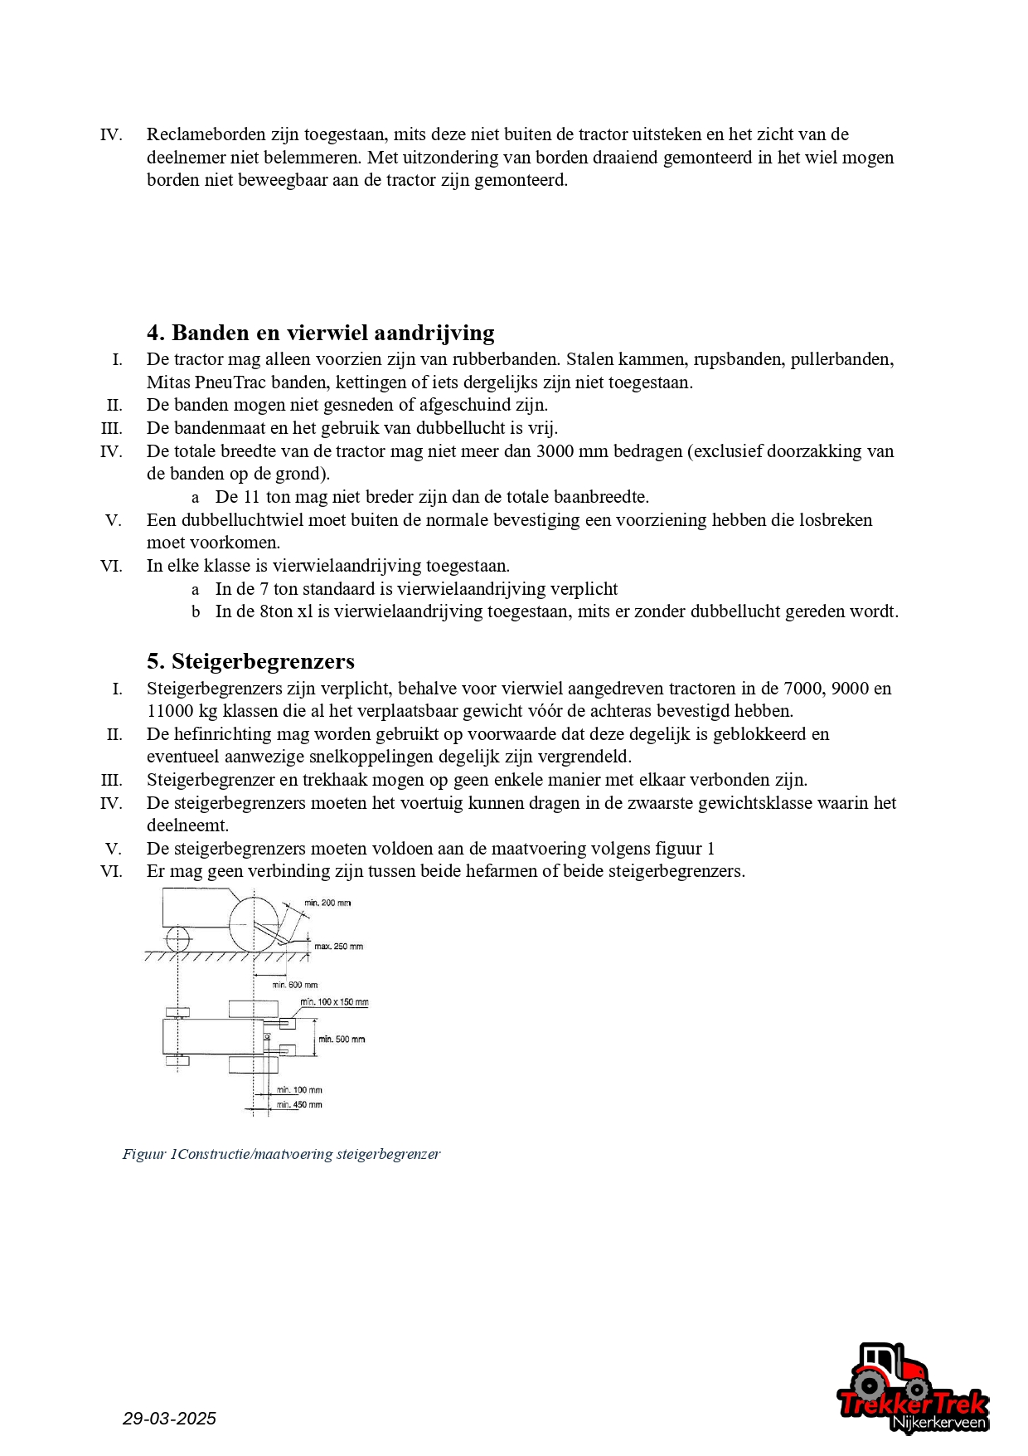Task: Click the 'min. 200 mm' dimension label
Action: coord(327,903)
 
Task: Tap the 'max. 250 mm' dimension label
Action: coord(338,947)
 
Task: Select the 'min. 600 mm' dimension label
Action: coord(295,985)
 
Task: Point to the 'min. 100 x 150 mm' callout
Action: coord(334,1002)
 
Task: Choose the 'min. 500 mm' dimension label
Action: coord(342,1040)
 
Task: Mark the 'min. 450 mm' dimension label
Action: coord(299,1105)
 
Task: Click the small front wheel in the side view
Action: coord(177,940)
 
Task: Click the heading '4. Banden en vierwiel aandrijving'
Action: coord(320,333)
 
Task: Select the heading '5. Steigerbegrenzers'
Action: coord(250,661)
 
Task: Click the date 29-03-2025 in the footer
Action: coord(169,1419)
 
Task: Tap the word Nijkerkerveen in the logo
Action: coord(938,1423)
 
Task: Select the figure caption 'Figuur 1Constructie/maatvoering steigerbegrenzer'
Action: coord(281,1154)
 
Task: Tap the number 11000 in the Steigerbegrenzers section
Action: coord(172,711)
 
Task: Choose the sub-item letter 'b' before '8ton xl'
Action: coord(196,612)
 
